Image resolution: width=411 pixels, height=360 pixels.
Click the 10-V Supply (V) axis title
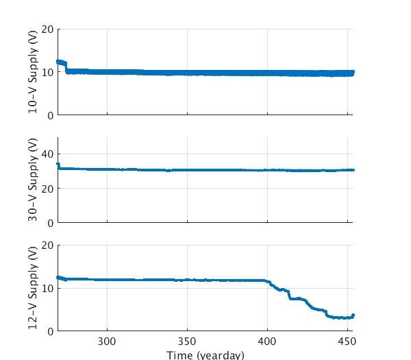coord(33,72)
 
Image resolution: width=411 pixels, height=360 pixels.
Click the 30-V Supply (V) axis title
coord(33,180)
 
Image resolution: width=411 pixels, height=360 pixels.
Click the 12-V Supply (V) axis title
coord(33,288)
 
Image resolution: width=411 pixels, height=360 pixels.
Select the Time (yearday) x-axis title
coord(205,355)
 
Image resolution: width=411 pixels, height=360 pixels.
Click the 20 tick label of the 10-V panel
coord(48,29)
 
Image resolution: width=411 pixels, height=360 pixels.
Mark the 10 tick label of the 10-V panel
coord(48,72)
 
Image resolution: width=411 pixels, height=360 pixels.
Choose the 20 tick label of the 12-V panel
coord(48,245)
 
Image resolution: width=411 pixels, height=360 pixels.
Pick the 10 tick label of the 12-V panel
coord(48,288)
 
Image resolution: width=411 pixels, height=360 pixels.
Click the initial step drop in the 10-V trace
coord(66,67)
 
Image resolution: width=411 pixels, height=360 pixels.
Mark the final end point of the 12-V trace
coord(353,315)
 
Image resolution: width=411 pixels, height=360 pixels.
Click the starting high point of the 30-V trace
coord(58,164)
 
